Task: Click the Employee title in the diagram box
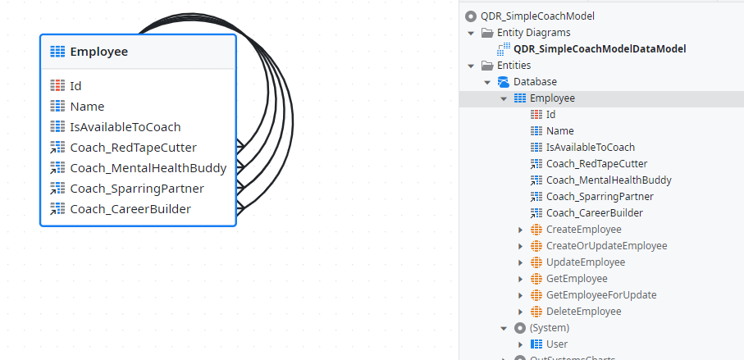click(x=98, y=52)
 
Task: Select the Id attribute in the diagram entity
click(x=75, y=86)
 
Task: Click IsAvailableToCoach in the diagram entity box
click(x=126, y=127)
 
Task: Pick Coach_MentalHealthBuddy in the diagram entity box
click(x=148, y=168)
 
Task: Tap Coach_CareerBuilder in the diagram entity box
click(x=130, y=208)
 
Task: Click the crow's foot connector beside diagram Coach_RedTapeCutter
click(x=240, y=146)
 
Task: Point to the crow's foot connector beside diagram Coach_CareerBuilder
click(x=240, y=207)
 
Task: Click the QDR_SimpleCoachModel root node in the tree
click(x=537, y=16)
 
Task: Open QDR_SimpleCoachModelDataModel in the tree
click(x=600, y=49)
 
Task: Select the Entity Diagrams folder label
click(x=534, y=33)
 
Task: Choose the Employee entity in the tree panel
click(x=552, y=98)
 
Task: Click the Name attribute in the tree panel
click(x=560, y=131)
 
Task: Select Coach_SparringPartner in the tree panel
click(x=600, y=196)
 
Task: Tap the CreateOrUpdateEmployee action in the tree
click(x=607, y=246)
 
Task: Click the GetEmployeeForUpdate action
click(x=601, y=295)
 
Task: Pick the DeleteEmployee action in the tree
click(x=583, y=311)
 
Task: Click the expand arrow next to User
click(x=521, y=344)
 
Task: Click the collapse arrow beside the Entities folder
click(x=471, y=66)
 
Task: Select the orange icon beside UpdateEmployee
click(x=536, y=262)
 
